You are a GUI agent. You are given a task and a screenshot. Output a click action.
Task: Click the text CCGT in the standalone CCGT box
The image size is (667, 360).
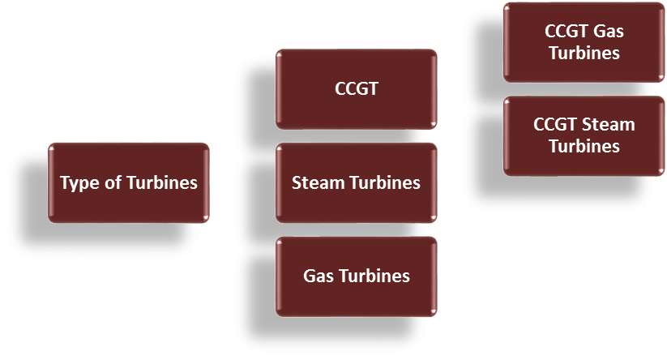[x=357, y=88]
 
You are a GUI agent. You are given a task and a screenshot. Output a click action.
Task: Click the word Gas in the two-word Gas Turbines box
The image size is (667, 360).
[x=317, y=276]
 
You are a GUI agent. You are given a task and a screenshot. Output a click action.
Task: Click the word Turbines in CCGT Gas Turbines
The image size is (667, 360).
[x=584, y=53]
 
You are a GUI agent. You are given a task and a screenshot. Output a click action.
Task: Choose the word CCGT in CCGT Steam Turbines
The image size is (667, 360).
[x=556, y=125]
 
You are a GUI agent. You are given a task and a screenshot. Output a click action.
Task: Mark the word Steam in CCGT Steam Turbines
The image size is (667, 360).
[x=609, y=125]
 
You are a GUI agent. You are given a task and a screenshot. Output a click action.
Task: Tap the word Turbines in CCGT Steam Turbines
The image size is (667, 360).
[x=584, y=146]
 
